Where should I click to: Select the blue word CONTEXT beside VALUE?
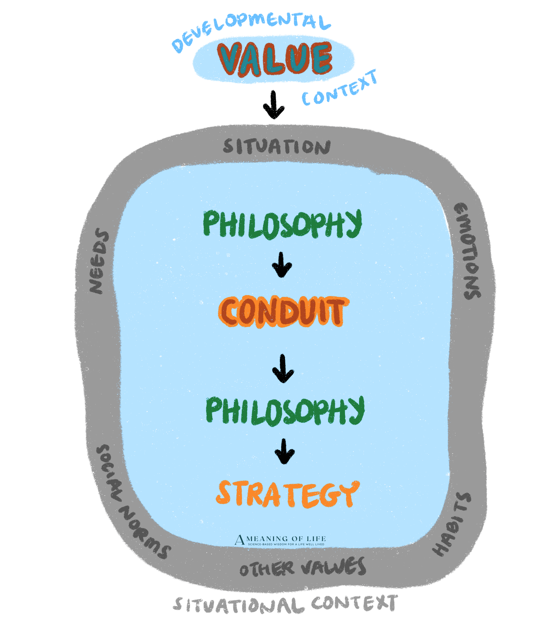(339, 88)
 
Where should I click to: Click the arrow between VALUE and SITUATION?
(274, 104)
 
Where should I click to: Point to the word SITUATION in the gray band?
(276, 147)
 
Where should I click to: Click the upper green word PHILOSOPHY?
(282, 224)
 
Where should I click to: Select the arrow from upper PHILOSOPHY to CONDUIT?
(282, 265)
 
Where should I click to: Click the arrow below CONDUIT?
(283, 368)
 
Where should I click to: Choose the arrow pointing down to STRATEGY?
(285, 451)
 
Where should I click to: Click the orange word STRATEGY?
(287, 494)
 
